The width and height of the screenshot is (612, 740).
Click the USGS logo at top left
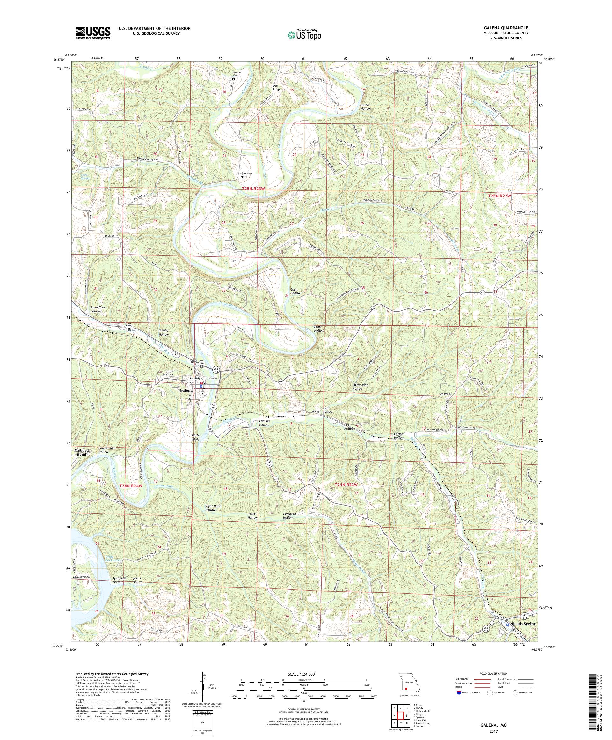93,33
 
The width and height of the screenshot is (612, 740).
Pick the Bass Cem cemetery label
246,174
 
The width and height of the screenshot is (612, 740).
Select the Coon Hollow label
295,291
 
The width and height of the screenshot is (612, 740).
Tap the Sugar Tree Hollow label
98,309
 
